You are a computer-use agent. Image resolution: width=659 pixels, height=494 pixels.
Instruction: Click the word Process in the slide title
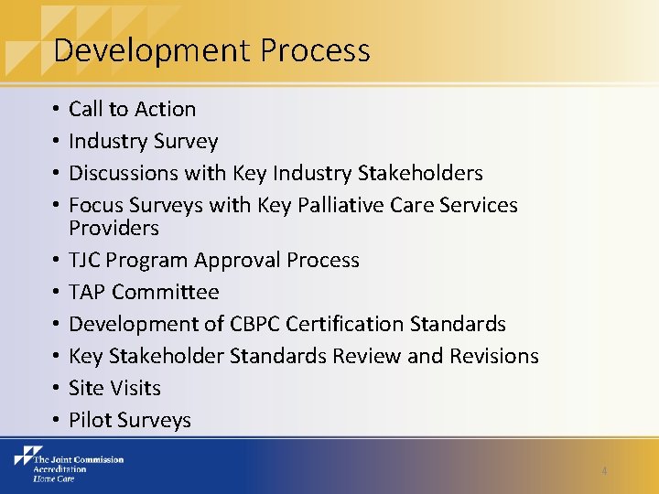pyautogui.click(x=315, y=50)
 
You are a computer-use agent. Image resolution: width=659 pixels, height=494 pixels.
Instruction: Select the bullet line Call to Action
pyautogui.click(x=133, y=109)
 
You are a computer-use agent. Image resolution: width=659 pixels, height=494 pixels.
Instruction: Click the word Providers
pyautogui.click(x=113, y=228)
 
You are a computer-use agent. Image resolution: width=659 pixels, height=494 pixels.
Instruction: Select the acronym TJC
pyautogui.click(x=86, y=260)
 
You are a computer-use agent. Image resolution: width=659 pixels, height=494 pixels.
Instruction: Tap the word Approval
pyautogui.click(x=238, y=260)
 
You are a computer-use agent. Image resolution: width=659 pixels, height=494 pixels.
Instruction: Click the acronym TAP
pyautogui.click(x=88, y=292)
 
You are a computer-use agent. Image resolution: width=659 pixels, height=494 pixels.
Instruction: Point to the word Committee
pyautogui.click(x=166, y=292)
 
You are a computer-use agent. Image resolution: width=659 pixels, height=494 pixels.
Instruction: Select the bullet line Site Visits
pyautogui.click(x=114, y=388)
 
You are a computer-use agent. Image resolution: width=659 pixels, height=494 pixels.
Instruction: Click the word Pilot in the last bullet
pyautogui.click(x=89, y=420)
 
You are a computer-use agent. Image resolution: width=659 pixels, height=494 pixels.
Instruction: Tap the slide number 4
pyautogui.click(x=604, y=471)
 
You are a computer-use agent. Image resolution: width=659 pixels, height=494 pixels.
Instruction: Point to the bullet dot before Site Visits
pyautogui.click(x=56, y=388)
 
